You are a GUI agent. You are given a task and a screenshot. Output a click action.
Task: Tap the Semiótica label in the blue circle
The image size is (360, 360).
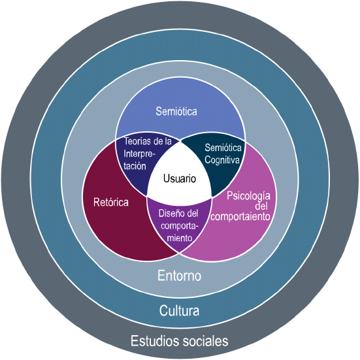click(x=176, y=112)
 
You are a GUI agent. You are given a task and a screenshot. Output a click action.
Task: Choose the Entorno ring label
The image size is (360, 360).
click(x=180, y=276)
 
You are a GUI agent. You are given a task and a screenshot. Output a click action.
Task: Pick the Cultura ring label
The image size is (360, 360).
click(x=180, y=310)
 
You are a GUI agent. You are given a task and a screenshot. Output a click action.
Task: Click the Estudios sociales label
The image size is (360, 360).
click(x=180, y=341)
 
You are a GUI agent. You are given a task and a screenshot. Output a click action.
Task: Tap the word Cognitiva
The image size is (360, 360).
click(x=223, y=158)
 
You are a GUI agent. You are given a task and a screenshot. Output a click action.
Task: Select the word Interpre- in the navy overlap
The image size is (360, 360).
click(x=141, y=154)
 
